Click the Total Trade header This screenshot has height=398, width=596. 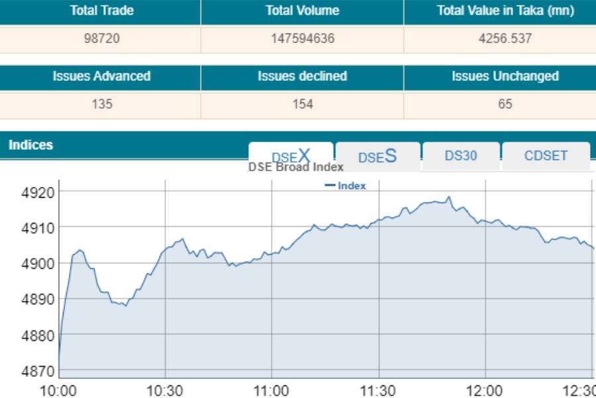(101, 11)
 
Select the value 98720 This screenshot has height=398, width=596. (101, 38)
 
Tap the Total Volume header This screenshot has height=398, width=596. (302, 11)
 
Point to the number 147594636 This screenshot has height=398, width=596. (302, 38)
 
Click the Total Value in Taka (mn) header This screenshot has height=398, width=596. (505, 11)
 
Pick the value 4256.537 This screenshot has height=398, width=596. (505, 38)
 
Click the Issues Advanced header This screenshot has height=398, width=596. (101, 76)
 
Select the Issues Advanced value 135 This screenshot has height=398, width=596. (101, 104)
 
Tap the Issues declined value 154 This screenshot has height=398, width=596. (302, 104)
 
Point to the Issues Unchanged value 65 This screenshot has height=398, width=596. (505, 104)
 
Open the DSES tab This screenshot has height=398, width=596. (377, 157)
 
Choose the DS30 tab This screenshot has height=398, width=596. (461, 157)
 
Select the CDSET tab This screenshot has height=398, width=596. (546, 157)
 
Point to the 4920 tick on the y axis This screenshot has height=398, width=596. (36, 192)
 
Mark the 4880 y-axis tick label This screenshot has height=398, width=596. (36, 336)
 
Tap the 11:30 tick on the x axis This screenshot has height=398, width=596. (378, 390)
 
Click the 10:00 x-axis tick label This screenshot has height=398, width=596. (58, 390)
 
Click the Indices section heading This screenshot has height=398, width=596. (30, 145)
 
